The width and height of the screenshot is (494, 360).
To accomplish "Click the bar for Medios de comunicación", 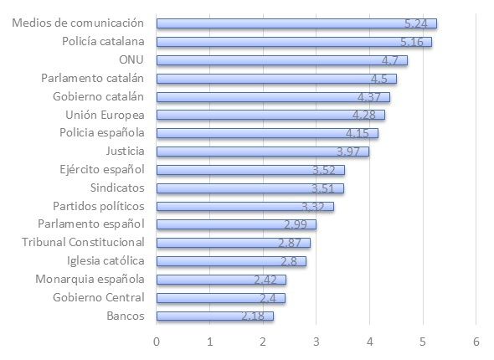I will click(x=296, y=23).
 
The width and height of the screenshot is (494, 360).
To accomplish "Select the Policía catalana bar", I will click(x=294, y=42).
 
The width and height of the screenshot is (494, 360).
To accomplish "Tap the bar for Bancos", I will click(x=214, y=316).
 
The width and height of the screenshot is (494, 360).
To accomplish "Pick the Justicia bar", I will click(x=262, y=152).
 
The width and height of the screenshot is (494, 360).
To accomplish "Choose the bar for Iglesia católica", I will click(x=231, y=261).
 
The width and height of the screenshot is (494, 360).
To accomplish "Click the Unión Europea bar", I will click(x=270, y=115).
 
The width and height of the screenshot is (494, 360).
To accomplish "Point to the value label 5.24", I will click(x=416, y=23).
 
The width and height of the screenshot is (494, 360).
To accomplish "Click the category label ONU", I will click(x=131, y=60).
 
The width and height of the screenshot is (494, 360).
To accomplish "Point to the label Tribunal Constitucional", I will click(x=83, y=243).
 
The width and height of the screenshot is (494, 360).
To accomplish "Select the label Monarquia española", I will click(x=90, y=279).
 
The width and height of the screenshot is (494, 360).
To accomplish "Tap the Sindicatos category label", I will click(x=114, y=188).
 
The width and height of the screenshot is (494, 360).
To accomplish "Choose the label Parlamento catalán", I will click(x=93, y=79).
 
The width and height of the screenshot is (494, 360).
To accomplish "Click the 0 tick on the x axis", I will click(x=157, y=342).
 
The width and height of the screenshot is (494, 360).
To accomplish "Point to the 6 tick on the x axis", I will click(x=476, y=342).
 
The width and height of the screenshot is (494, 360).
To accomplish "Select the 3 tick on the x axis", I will click(x=316, y=342).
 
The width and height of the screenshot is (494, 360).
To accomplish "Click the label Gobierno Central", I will click(x=98, y=297).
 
